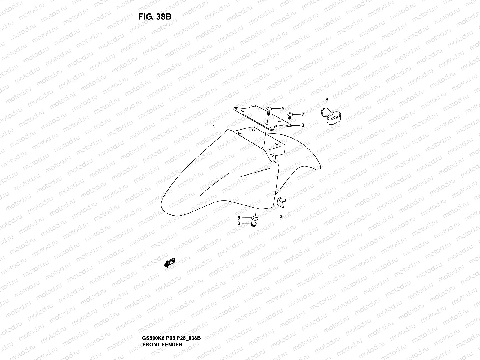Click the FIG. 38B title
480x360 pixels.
(x=154, y=17)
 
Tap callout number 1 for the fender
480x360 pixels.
(x=214, y=127)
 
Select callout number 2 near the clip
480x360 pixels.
(x=281, y=217)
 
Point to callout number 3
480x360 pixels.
(x=303, y=125)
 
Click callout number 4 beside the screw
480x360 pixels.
(x=283, y=108)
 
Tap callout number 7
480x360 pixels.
(x=303, y=114)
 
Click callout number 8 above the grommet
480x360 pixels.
(x=327, y=99)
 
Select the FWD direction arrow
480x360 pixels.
(x=169, y=263)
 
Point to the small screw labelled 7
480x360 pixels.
(x=290, y=116)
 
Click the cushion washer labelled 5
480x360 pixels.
(x=255, y=217)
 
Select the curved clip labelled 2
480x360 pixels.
(x=281, y=202)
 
